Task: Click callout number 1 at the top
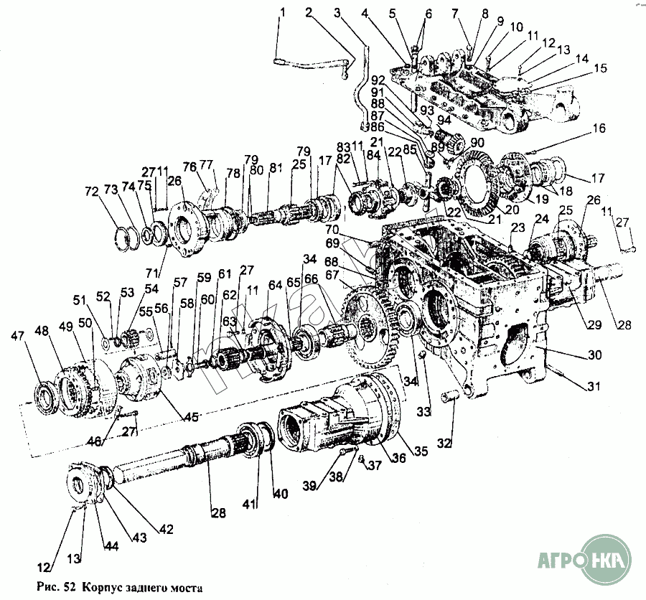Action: point(282,11)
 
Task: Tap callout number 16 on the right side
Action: point(599,129)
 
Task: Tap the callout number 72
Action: point(90,193)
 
